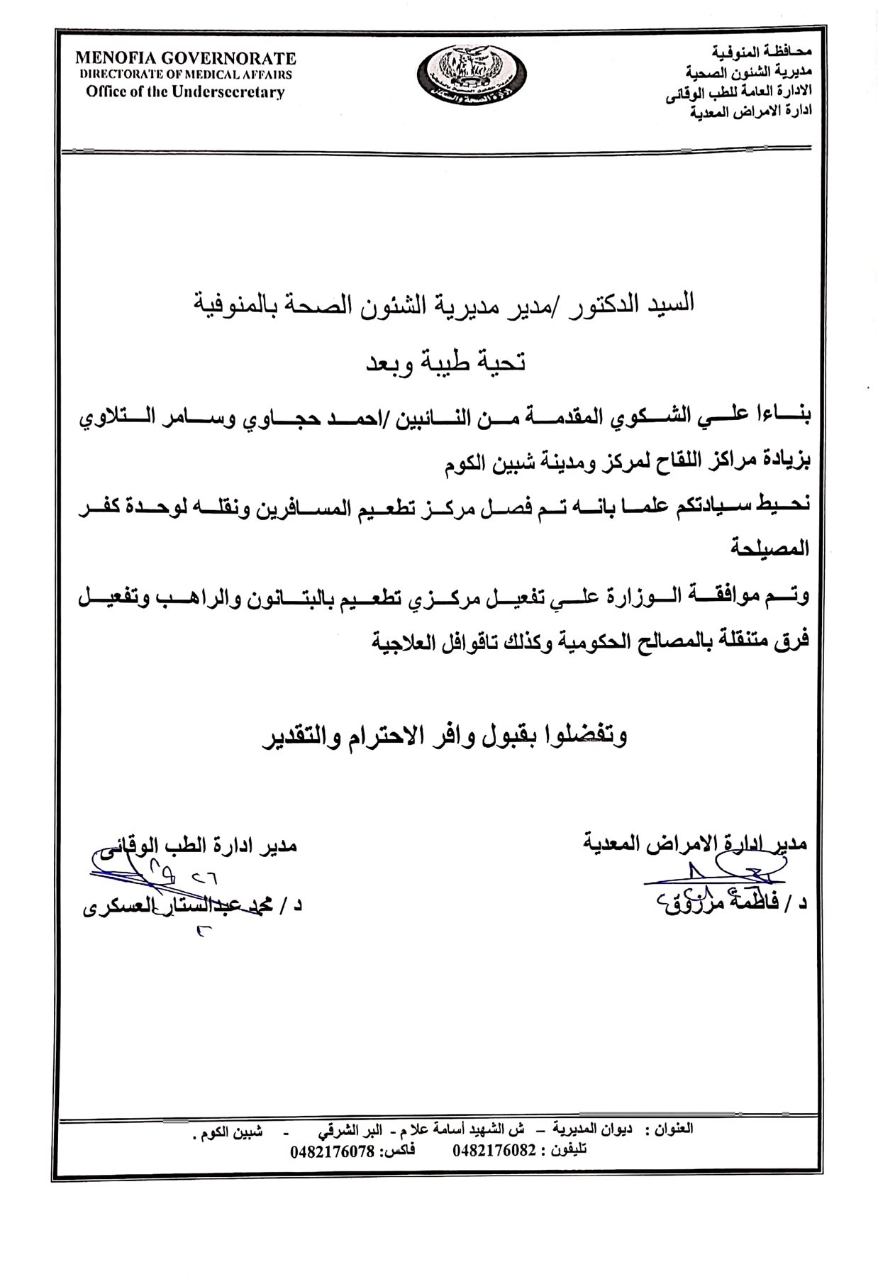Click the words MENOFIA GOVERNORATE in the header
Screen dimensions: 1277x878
(x=186, y=58)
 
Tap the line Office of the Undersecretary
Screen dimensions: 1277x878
(x=186, y=92)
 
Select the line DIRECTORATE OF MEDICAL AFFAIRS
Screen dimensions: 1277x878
(x=186, y=74)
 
